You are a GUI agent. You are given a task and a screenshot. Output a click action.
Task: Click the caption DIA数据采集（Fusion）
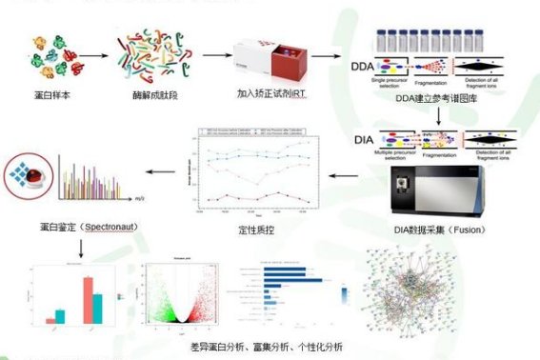[x=445, y=230]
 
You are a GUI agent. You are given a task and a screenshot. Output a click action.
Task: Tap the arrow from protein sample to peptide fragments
[x=92, y=56]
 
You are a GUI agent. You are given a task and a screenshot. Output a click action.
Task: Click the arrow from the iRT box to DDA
[x=327, y=56]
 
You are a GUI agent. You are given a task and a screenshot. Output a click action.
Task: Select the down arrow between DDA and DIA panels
[x=440, y=117]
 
